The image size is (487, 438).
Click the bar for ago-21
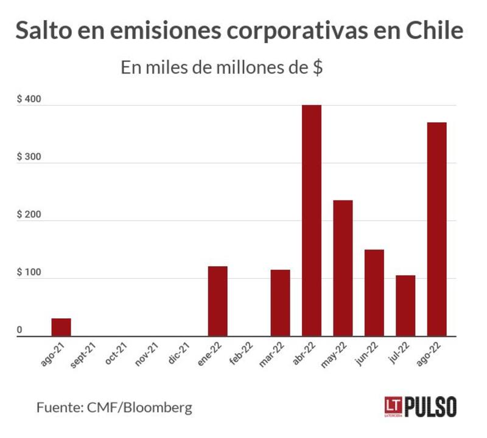tap(61, 327)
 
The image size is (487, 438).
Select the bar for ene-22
tap(217, 301)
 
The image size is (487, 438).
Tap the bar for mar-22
tap(280, 303)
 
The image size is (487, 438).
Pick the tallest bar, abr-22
tap(312, 221)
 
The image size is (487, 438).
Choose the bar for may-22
tap(343, 268)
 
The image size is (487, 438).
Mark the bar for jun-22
tap(374, 293)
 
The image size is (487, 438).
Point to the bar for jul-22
tap(405, 306)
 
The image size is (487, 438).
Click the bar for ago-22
tap(436, 229)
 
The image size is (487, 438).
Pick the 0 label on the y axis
tap(19, 330)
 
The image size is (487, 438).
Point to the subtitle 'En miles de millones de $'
tap(222, 67)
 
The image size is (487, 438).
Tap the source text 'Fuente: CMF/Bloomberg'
tap(114, 407)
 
